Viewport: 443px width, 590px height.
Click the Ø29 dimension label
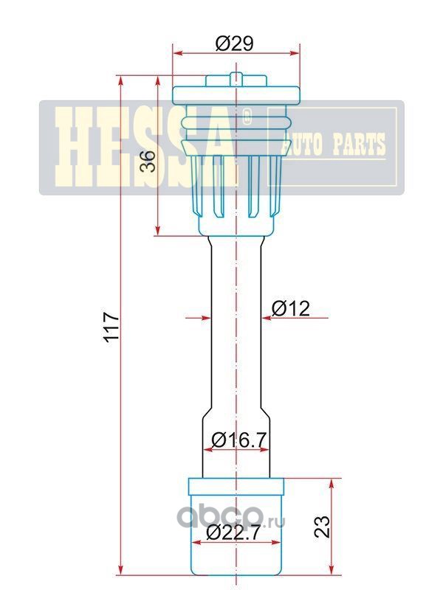click(x=234, y=44)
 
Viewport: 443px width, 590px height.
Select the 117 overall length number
click(x=111, y=327)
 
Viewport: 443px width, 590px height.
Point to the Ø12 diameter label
click(x=290, y=308)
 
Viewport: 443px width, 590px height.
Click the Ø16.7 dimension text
click(x=239, y=440)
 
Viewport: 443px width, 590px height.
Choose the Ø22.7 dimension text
click(x=233, y=532)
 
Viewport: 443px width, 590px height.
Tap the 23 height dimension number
click(x=322, y=527)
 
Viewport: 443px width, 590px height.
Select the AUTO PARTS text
click(x=334, y=144)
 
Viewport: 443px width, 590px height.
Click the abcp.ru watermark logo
click(x=231, y=516)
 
